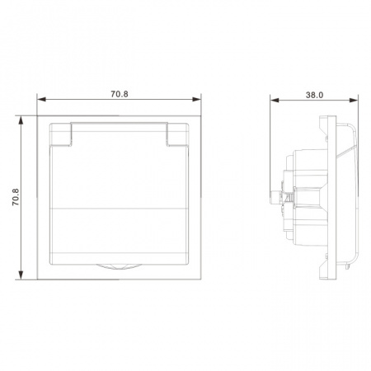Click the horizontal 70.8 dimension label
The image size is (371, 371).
click(x=120, y=94)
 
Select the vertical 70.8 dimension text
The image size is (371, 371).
click(x=16, y=197)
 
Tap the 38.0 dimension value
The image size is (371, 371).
click(x=314, y=95)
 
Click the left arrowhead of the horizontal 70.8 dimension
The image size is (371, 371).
click(x=41, y=99)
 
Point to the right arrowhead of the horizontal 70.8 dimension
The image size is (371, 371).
click(x=197, y=99)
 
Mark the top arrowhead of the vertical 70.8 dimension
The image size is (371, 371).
click(x=21, y=120)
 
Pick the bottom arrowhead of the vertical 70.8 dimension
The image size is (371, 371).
click(x=21, y=275)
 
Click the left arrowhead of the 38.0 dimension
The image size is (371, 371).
click(x=275, y=100)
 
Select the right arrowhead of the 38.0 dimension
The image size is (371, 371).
click(x=354, y=100)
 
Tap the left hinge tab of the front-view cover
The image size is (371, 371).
click(x=61, y=134)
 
